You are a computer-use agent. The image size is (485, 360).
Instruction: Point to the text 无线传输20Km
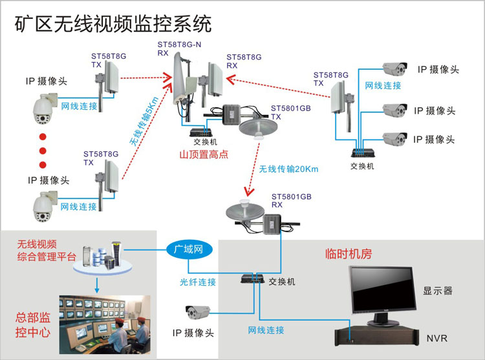click(x=289, y=169)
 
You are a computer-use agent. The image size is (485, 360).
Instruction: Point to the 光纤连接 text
click(x=198, y=282)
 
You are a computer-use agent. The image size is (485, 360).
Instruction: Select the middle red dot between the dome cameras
click(x=43, y=151)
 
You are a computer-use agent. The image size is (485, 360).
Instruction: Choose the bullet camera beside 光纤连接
click(x=197, y=312)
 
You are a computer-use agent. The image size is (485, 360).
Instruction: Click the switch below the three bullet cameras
click(x=362, y=153)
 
